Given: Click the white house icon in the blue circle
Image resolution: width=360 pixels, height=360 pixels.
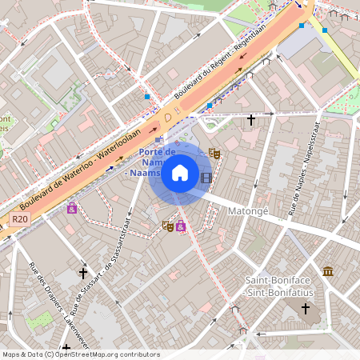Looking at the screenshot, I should [179, 173].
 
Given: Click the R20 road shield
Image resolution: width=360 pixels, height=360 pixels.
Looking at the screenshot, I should [20, 218].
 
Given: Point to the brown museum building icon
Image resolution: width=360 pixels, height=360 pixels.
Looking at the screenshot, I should [327, 271].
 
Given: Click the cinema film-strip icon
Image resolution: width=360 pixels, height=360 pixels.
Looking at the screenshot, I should [206, 178].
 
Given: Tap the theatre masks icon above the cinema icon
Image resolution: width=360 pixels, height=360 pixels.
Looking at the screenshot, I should [214, 153].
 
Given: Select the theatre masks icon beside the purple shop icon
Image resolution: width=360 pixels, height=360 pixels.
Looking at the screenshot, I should [168, 226].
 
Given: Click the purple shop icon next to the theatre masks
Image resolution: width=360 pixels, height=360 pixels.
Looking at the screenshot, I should [181, 226].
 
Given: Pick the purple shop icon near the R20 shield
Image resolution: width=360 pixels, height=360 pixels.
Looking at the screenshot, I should [72, 208].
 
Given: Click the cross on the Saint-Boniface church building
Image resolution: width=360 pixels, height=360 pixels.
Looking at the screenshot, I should [304, 306].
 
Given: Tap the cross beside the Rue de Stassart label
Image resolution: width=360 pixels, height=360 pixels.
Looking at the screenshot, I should [83, 273].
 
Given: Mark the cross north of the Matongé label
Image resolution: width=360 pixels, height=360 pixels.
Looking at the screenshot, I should [250, 120].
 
